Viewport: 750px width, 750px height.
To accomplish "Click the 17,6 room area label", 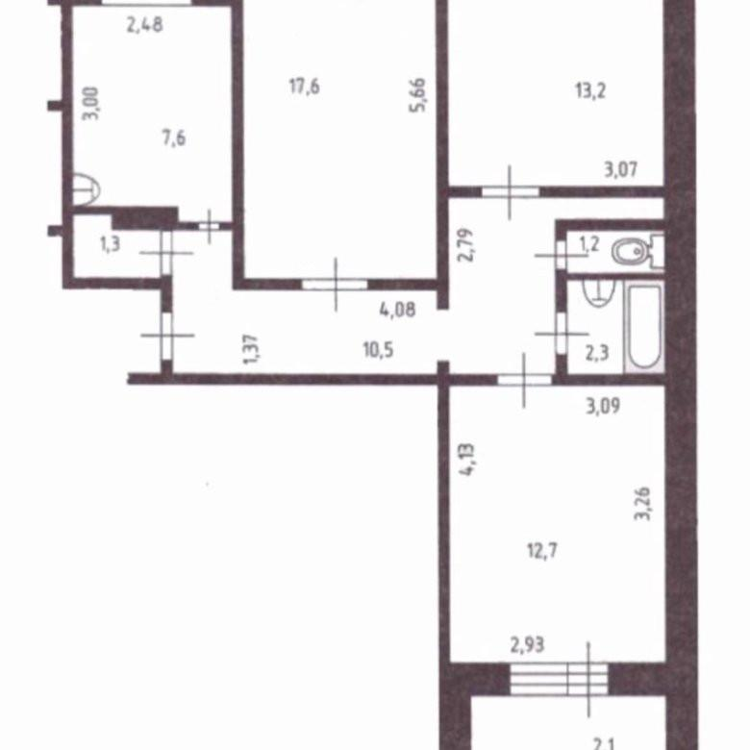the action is pos(305,87).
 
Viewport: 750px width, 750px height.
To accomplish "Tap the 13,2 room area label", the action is pos(590,90).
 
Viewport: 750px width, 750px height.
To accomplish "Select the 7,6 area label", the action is pos(174,138).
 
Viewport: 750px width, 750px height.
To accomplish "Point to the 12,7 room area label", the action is pos(542,551).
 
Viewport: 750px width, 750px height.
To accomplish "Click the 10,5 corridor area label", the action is pos(378,350).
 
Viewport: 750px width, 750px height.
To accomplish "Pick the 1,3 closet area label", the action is pos(110,244).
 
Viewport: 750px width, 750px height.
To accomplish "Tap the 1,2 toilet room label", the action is pos(589,244).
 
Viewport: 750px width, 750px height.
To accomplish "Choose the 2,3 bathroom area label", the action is pos(597,353).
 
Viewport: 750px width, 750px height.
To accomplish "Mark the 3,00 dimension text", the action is pos(91,103).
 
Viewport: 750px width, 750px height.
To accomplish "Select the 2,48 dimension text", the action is pos(144,24).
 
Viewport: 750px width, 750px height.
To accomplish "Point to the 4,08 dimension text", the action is pos(397,310).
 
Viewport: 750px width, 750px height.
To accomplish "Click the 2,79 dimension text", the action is pos(466,245).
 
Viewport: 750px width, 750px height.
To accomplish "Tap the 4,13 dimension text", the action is pos(467,461).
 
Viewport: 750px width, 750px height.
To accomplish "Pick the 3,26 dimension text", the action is pos(642,504).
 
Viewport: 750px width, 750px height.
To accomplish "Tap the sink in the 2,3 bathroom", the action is pos(599,292).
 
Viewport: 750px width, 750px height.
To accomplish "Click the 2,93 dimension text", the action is pos(527,645).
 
